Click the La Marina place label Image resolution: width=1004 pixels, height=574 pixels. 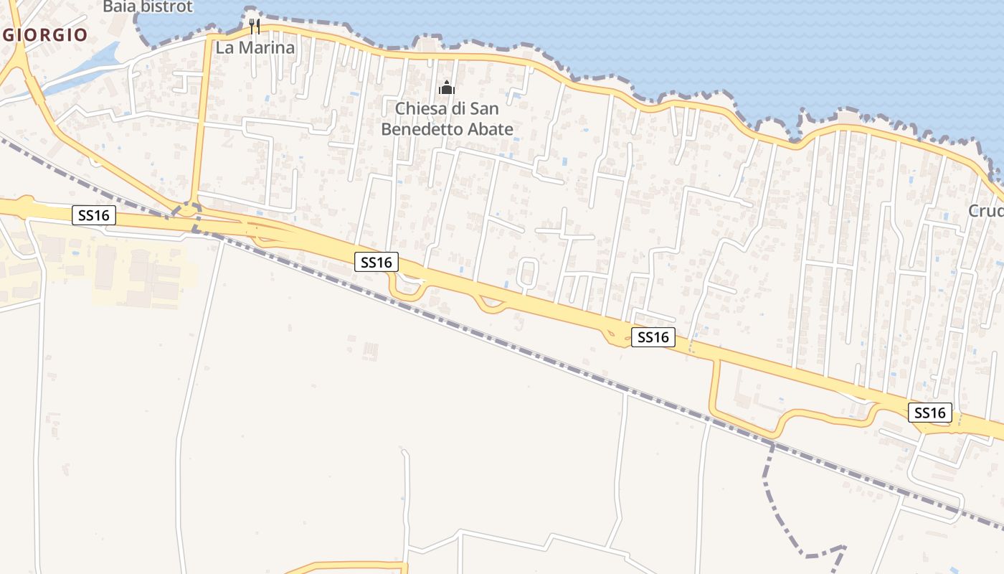tap(255, 48)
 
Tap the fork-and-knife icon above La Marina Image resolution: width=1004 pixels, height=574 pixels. tap(254, 27)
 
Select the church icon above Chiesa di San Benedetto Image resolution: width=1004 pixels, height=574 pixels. tap(447, 88)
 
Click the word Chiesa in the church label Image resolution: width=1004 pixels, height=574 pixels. tap(420, 109)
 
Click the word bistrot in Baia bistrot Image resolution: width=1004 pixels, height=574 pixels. tap(166, 7)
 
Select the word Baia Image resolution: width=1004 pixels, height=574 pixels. tap(118, 7)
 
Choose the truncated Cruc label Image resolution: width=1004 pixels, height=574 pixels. tap(985, 211)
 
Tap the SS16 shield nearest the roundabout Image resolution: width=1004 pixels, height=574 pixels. tap(94, 215)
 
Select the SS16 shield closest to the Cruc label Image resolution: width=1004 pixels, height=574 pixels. tap(930, 413)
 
